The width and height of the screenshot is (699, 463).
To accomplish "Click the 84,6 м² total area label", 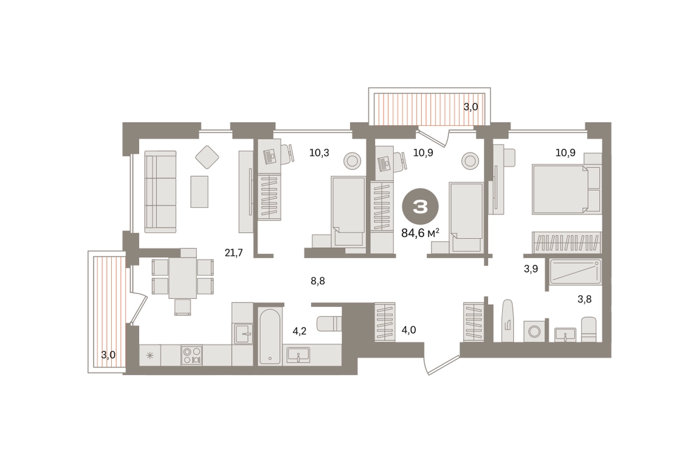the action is [421, 233].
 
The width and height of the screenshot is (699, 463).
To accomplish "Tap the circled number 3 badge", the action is [421, 207].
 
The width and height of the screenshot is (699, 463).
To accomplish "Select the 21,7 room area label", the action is [233, 253].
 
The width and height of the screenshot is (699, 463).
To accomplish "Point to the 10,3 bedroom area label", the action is [319, 153].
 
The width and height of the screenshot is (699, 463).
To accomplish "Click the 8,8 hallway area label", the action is [318, 281].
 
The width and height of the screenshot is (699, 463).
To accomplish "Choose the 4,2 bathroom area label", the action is [299, 331].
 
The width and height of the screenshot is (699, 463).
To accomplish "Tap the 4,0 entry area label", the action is [409, 330].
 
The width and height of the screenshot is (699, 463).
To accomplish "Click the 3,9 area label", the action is [531, 269].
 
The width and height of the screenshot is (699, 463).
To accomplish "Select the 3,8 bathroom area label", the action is [585, 300].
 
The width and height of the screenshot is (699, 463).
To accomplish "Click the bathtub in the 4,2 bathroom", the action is [270, 337].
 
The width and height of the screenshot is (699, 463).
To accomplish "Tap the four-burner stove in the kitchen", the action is [191, 355].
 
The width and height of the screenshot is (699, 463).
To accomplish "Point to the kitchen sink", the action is [242, 334].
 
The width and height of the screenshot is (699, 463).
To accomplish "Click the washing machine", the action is [534, 331].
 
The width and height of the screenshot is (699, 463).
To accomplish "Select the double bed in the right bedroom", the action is [566, 189].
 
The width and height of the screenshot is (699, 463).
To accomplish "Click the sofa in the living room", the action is [160, 191].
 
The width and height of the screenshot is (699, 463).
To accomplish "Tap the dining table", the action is [183, 278].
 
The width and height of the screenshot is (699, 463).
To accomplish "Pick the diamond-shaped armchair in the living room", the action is [207, 157].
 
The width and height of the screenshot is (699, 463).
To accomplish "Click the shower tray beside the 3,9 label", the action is [576, 272].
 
